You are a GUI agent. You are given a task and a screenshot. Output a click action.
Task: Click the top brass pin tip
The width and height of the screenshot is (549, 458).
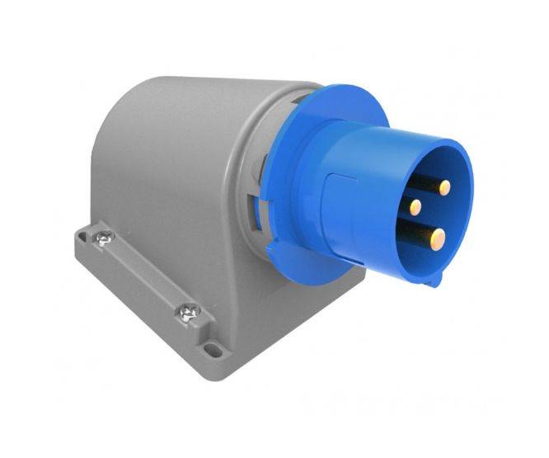coord(444,187)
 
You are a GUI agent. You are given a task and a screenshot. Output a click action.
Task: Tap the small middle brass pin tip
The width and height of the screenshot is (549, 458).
coord(416,206)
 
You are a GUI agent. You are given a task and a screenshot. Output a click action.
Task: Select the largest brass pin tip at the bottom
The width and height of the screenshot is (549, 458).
coord(439,238)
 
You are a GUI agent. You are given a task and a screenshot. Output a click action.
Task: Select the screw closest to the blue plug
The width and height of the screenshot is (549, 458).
coord(186,313)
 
